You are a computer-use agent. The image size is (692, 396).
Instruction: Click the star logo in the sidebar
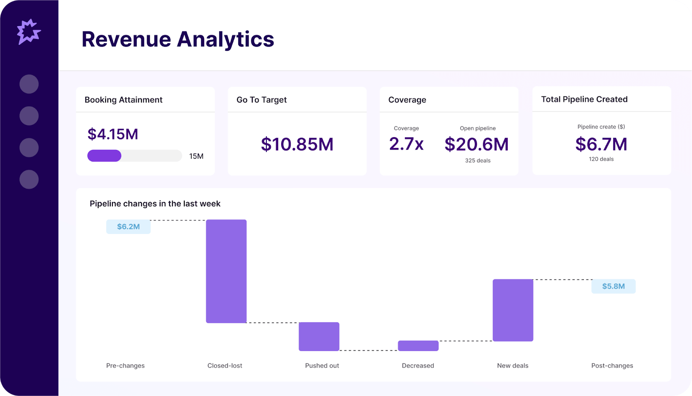(29, 32)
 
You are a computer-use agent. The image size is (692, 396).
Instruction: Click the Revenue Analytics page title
(178, 39)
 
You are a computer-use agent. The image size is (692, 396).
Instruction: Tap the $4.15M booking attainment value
(112, 134)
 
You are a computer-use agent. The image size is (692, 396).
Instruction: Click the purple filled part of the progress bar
(104, 156)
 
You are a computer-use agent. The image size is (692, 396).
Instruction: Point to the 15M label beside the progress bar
(196, 156)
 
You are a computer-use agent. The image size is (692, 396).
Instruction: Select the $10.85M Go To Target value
(297, 144)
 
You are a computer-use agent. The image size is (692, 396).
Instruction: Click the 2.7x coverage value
(406, 144)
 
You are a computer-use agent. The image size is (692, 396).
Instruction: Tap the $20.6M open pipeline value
(477, 144)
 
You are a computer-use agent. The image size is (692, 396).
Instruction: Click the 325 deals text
(477, 160)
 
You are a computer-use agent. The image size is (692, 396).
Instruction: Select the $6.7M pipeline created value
(601, 144)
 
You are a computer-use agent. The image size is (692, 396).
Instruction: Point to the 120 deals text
(601, 159)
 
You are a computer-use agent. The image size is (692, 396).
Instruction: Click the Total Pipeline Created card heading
(584, 99)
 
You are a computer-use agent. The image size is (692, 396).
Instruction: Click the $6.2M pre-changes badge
(128, 227)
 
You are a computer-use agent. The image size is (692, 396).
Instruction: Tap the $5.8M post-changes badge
(613, 286)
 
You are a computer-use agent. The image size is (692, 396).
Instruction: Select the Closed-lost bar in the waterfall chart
(226, 271)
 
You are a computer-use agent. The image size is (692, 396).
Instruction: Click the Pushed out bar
(319, 336)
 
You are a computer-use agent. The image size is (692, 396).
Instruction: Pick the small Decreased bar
(418, 346)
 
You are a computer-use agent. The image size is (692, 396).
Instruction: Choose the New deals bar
(513, 310)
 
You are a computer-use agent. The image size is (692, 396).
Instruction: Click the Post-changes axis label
(612, 366)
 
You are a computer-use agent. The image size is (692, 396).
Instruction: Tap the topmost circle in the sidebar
(29, 84)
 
